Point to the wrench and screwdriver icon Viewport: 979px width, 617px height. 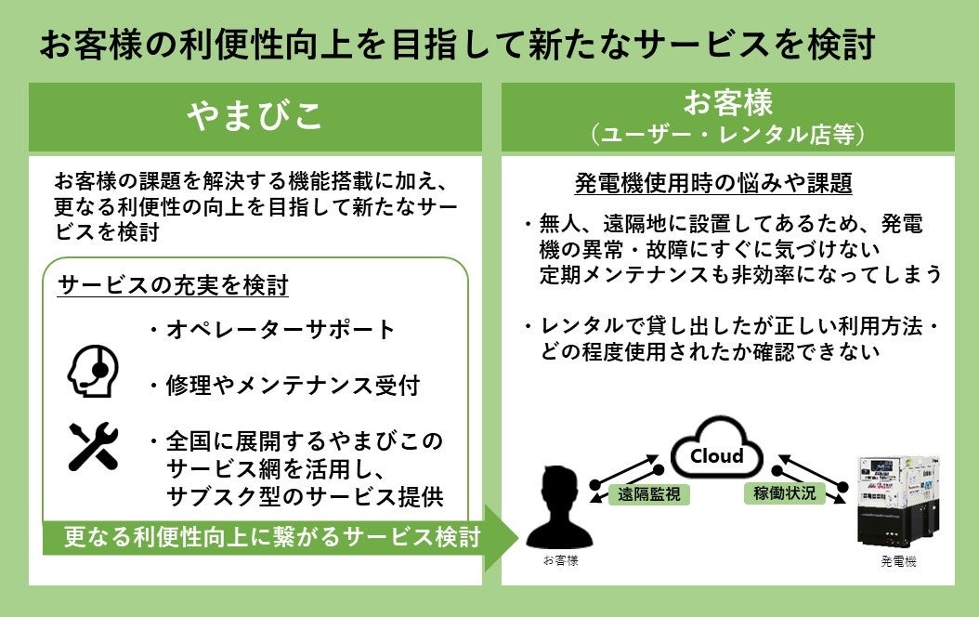(93, 445)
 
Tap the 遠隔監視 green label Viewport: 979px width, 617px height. (644, 494)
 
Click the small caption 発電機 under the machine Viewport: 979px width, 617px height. (898, 562)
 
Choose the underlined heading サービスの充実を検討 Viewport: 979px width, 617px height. (174, 285)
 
